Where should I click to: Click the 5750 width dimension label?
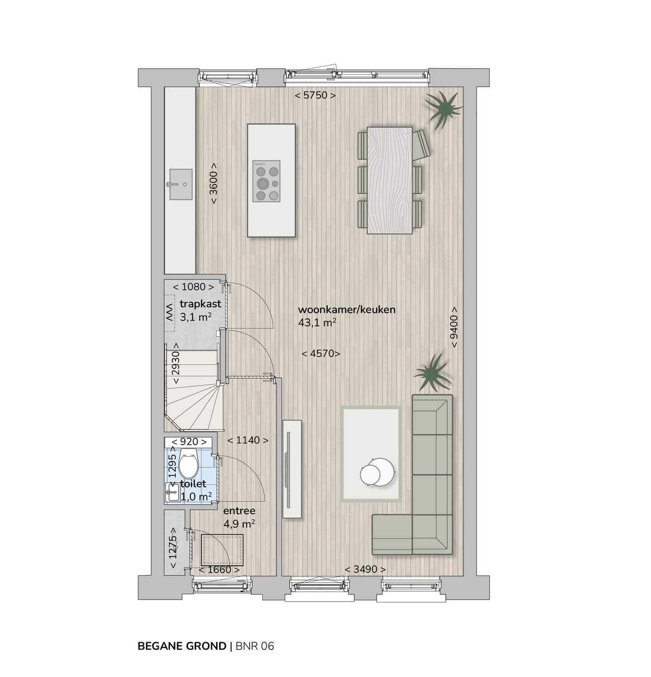315,95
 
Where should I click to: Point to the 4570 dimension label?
321,353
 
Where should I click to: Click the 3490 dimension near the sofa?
365,569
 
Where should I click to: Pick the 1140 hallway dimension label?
248,440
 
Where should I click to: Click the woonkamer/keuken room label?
347,310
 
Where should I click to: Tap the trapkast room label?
200,304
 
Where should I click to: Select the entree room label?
239,511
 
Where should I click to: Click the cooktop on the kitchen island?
266,181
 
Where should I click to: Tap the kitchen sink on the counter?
180,184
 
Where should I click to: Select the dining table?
390,180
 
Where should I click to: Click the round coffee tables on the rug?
377,472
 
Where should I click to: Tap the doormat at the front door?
222,550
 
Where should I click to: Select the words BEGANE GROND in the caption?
182,646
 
